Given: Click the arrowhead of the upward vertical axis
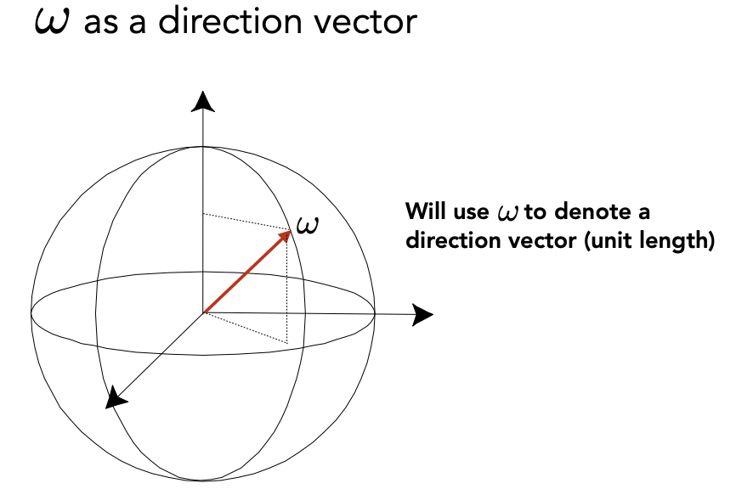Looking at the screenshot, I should coord(202,101).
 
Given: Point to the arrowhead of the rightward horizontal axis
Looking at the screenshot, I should coord(423,315).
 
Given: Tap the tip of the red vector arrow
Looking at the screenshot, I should coord(289,231).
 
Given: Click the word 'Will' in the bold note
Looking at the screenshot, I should coord(422,211).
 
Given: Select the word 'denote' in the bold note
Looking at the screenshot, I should coord(585,211).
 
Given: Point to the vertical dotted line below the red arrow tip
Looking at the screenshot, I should coord(287,289).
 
